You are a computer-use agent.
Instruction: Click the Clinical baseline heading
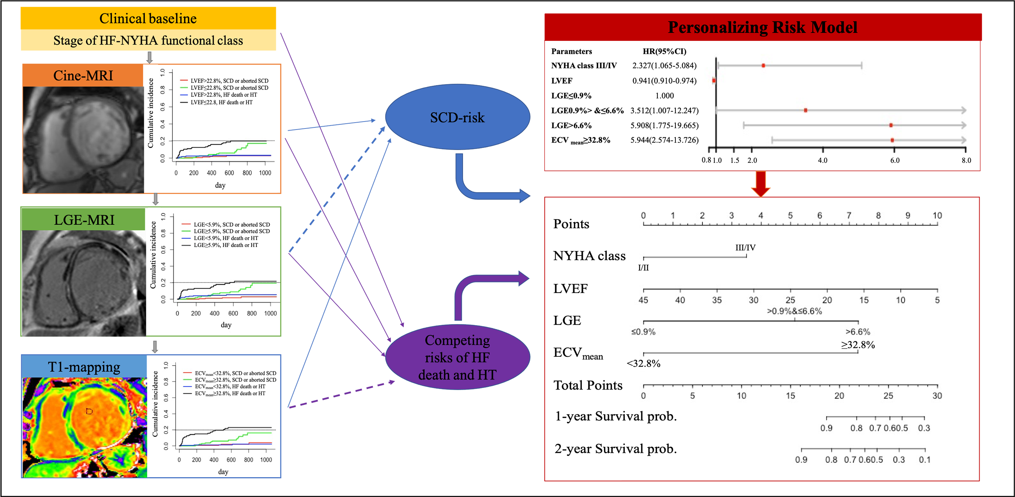148,18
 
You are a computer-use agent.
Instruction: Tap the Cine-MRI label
83,75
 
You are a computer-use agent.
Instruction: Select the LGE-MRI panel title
84,220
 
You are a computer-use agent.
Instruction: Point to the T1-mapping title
84,367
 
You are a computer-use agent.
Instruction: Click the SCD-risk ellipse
457,117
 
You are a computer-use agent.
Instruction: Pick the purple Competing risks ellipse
457,357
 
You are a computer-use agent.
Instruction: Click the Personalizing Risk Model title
762,27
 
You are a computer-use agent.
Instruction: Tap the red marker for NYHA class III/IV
763,66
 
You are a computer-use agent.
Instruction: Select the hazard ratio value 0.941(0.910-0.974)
664,81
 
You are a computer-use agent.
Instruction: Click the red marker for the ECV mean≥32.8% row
892,140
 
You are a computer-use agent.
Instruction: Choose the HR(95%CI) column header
664,51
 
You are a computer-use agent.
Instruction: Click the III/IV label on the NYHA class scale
745,248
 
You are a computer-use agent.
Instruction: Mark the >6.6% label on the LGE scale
858,332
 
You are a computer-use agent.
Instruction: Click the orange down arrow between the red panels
761,184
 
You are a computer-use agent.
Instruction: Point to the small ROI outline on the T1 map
89,411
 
